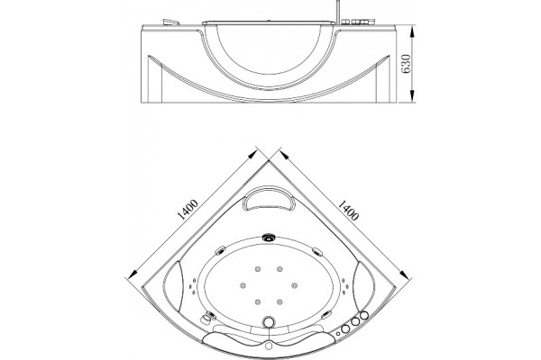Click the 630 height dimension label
407,64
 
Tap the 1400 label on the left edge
188,210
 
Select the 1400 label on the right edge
348,210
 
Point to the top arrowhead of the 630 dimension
412,31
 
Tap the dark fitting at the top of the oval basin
269,237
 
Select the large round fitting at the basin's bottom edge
269,322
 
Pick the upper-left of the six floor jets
257,269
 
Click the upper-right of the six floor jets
280,269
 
